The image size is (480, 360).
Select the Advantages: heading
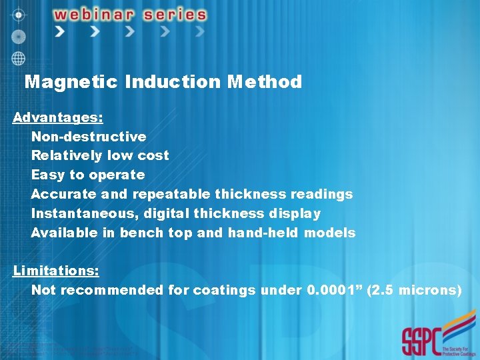58,118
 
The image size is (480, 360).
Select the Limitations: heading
56,271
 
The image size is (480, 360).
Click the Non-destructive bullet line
89,137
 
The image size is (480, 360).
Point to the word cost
153,155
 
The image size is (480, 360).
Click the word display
295,213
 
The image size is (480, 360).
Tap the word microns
429,290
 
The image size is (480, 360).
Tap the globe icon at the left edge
18,58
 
